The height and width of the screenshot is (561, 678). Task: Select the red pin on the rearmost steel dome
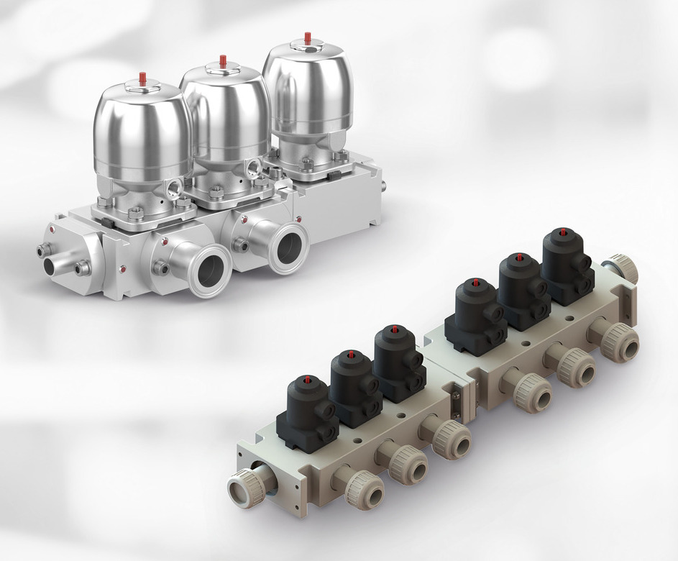(x=307, y=37)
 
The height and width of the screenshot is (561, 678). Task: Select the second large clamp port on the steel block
(x=288, y=244)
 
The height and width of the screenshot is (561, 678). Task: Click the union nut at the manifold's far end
(x=623, y=268)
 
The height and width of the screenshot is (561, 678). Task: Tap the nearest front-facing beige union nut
(x=361, y=488)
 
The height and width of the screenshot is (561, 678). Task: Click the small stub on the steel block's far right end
(x=384, y=186)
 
